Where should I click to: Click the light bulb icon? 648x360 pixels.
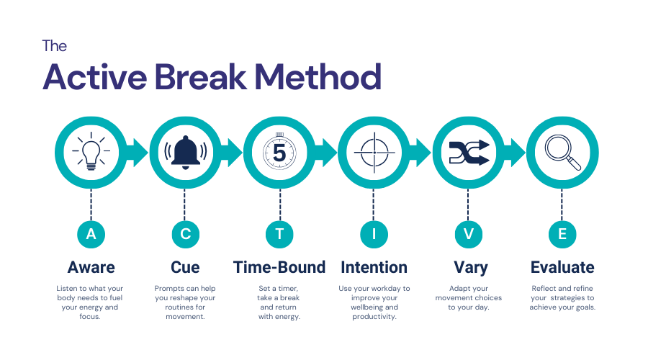pos(91,152)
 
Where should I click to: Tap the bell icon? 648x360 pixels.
pos(185,152)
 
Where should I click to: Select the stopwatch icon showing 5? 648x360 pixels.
pos(279,152)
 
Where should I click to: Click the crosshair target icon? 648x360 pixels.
pos(374,152)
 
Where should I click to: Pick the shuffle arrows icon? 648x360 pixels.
pos(468,152)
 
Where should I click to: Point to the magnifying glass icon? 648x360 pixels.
pos(562,152)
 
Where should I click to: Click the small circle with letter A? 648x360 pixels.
pos(91,233)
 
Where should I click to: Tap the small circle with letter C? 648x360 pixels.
pos(185,233)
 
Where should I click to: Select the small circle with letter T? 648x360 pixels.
pos(279,233)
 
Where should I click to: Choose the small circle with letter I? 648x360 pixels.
pos(374,233)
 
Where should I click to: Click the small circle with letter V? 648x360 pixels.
pos(468,233)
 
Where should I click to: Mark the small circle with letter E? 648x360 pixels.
pos(562,233)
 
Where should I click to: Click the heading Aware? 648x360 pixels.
pos(91,267)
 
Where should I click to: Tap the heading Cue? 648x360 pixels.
pos(185,267)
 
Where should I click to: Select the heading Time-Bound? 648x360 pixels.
pos(279,267)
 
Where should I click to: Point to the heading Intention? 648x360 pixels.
pos(374,267)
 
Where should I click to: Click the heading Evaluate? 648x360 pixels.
pos(562,267)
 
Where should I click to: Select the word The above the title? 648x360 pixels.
pos(54,46)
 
